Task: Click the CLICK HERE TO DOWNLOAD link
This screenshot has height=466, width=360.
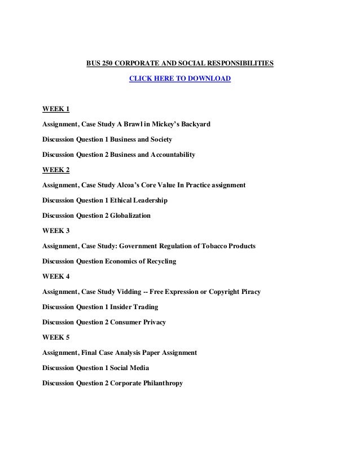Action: (180, 79)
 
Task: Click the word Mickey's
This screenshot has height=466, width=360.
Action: (158, 123)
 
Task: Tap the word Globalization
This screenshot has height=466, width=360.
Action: (131, 215)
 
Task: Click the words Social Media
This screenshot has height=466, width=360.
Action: (130, 368)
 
